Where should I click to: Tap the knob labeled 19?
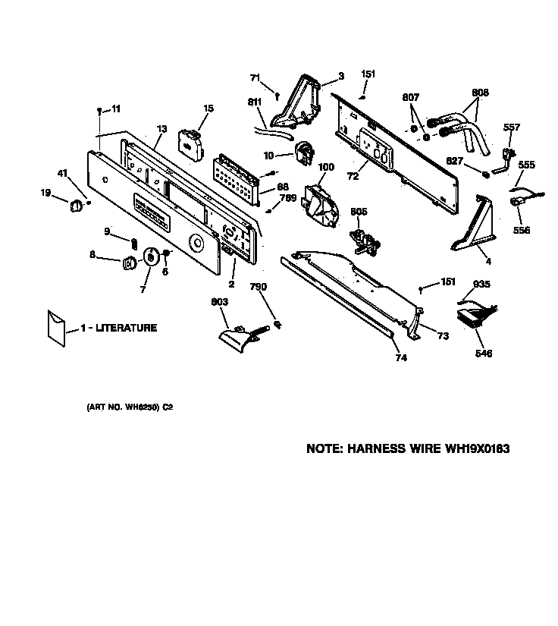(x=76, y=206)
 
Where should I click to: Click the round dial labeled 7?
(x=152, y=257)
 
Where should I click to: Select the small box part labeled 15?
(x=191, y=144)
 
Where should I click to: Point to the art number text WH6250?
(x=142, y=407)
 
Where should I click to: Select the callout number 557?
(x=512, y=127)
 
